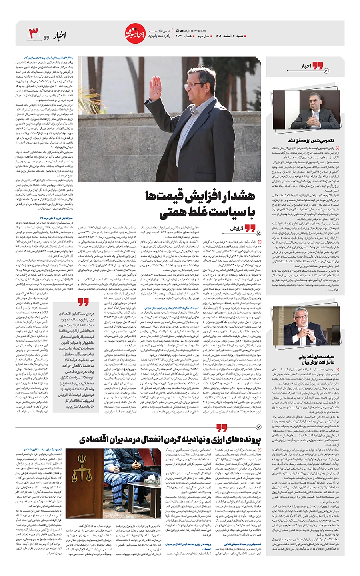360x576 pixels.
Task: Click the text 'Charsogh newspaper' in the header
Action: tap(191, 30)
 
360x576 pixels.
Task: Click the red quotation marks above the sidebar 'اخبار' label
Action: tap(318, 65)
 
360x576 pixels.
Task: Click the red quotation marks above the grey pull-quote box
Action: tap(83, 302)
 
